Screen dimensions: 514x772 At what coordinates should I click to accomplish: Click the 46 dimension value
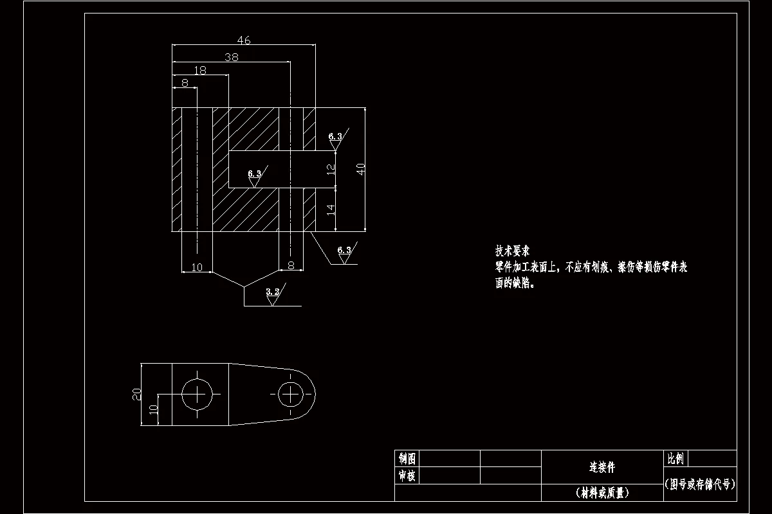point(243,40)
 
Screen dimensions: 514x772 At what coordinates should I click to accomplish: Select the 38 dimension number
point(232,57)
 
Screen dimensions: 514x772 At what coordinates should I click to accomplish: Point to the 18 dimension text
point(200,70)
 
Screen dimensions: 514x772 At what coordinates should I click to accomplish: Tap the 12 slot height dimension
point(331,170)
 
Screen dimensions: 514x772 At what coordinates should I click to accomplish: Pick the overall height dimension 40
point(361,169)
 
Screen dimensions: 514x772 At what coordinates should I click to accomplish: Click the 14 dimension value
point(331,209)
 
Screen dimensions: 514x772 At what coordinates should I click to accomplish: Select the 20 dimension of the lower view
point(136,394)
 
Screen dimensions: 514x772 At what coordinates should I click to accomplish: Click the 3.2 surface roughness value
point(273,292)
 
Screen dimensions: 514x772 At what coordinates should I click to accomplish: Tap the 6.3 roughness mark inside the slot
point(254,173)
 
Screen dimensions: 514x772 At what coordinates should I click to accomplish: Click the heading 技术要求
point(511,251)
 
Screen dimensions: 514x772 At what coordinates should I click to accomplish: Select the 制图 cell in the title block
point(407,458)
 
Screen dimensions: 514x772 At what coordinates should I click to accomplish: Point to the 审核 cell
point(407,475)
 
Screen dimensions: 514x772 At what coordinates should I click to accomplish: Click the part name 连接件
point(602,466)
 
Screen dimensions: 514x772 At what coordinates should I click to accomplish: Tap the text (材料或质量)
point(602,493)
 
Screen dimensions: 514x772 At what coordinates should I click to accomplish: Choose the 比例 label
point(675,458)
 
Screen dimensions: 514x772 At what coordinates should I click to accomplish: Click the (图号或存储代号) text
point(700,484)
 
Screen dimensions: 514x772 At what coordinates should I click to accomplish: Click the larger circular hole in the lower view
point(198,393)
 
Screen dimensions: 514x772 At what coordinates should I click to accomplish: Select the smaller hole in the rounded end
point(291,393)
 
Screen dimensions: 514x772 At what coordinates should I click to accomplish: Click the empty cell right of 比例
point(712,458)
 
